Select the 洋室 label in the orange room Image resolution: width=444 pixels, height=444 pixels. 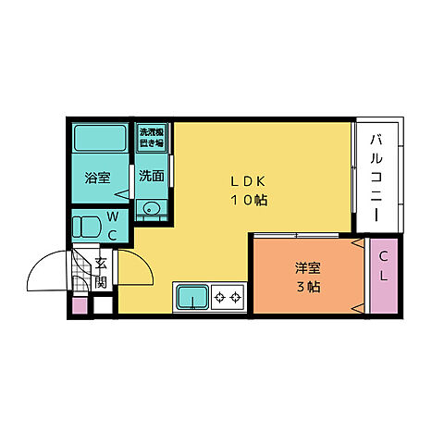coord(308,268)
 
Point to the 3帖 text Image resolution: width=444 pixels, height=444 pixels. coord(308,287)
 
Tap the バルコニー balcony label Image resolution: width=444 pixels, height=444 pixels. coord(376,176)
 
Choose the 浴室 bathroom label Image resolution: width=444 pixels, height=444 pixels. coord(96,176)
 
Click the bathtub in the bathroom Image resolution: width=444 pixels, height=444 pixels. coord(101,140)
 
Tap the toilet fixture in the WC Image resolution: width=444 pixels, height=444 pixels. coord(88,225)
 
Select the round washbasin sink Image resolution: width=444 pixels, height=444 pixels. coord(151,208)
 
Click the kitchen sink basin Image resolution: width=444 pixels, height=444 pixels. coord(192,296)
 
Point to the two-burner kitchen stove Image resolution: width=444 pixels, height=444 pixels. coord(228,297)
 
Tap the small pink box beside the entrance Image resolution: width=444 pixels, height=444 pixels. coord(79,304)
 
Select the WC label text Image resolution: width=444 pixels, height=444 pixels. coord(112,225)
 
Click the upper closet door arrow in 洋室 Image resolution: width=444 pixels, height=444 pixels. coord(358,244)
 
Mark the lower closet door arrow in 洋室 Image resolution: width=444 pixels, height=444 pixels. coord(358,307)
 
